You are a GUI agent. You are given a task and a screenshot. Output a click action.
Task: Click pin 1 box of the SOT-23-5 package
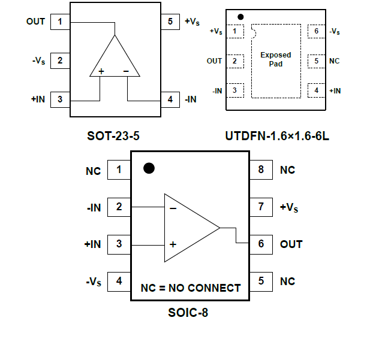pyautogui.click(x=59, y=23)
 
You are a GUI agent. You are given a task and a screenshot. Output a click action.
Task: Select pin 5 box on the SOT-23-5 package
pyautogui.click(x=170, y=23)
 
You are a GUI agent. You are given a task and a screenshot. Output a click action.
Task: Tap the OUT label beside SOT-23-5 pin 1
pyautogui.click(x=35, y=22)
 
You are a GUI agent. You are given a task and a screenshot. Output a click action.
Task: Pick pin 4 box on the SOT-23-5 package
pyautogui.click(x=170, y=99)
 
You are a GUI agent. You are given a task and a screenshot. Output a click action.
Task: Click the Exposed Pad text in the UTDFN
pyautogui.click(x=276, y=59)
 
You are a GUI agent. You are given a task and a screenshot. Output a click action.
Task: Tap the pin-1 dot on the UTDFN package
pyautogui.click(x=240, y=17)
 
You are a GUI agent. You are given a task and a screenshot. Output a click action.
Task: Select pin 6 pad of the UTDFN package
pyautogui.click(x=316, y=31)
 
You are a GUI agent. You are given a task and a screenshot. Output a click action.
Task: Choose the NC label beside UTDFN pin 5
pyautogui.click(x=335, y=61)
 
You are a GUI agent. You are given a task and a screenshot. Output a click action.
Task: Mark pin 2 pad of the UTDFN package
pyautogui.click(x=234, y=61)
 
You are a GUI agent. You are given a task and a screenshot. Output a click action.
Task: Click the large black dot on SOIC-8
pyautogui.click(x=149, y=168)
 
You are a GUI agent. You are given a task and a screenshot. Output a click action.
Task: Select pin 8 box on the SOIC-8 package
pyautogui.click(x=261, y=170)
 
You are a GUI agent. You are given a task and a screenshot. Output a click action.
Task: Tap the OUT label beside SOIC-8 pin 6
pyautogui.click(x=291, y=244)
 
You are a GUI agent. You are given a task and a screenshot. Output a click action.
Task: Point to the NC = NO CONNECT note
pyautogui.click(x=191, y=288)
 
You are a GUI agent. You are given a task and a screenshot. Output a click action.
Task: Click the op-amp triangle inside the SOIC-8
pyautogui.click(x=189, y=228)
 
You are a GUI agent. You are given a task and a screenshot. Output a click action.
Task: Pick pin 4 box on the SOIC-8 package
pyautogui.click(x=119, y=281)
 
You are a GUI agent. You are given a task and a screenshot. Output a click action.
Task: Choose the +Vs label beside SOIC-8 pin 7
pyautogui.click(x=290, y=207)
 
